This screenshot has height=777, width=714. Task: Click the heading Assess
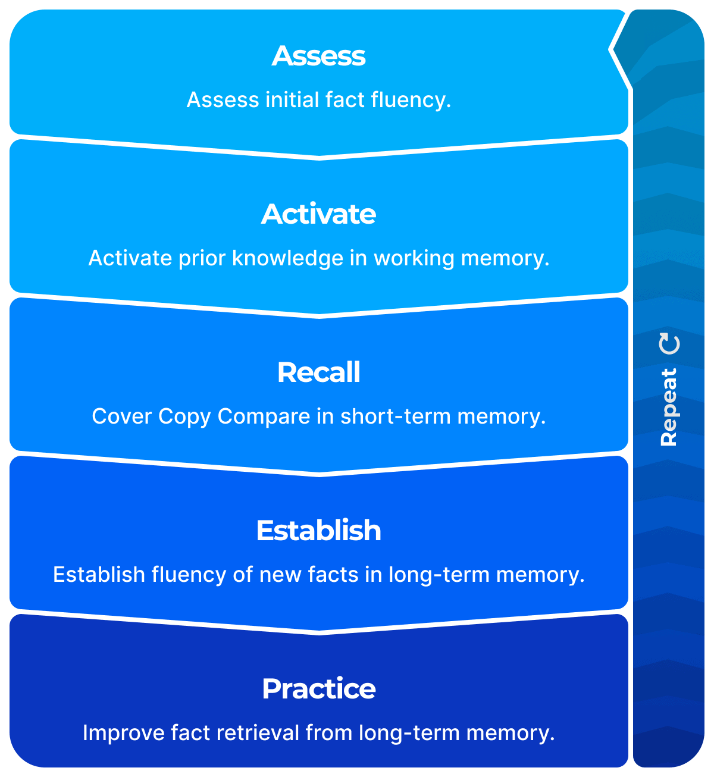(x=319, y=56)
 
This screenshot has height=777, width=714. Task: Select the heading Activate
(x=319, y=214)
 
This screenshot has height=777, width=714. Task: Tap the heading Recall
(x=319, y=372)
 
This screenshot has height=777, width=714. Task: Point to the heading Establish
(x=319, y=531)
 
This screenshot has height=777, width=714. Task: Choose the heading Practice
(x=319, y=689)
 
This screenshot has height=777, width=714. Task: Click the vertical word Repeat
(x=669, y=407)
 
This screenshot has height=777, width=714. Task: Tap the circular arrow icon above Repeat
(x=670, y=344)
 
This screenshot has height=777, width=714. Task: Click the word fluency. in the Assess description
(x=411, y=100)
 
